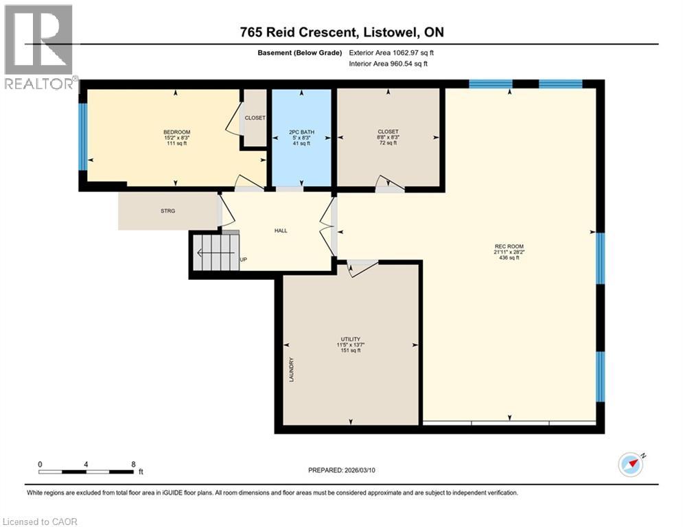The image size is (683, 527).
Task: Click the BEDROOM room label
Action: pos(176,132)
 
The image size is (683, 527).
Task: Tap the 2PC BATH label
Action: pos(302,132)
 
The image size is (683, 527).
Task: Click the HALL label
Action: pos(281,231)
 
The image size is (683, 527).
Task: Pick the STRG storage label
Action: pos(167,211)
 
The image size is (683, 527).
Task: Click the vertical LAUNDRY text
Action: pos(291,369)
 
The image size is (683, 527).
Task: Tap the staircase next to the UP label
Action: pos(215,252)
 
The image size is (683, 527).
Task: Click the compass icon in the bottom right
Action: pos(632,465)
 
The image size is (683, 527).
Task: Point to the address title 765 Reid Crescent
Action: pos(341,32)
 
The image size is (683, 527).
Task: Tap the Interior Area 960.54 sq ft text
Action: pos(389,64)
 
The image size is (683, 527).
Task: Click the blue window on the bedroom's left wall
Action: pos(83,136)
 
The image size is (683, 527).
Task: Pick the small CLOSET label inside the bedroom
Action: pos(255,118)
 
